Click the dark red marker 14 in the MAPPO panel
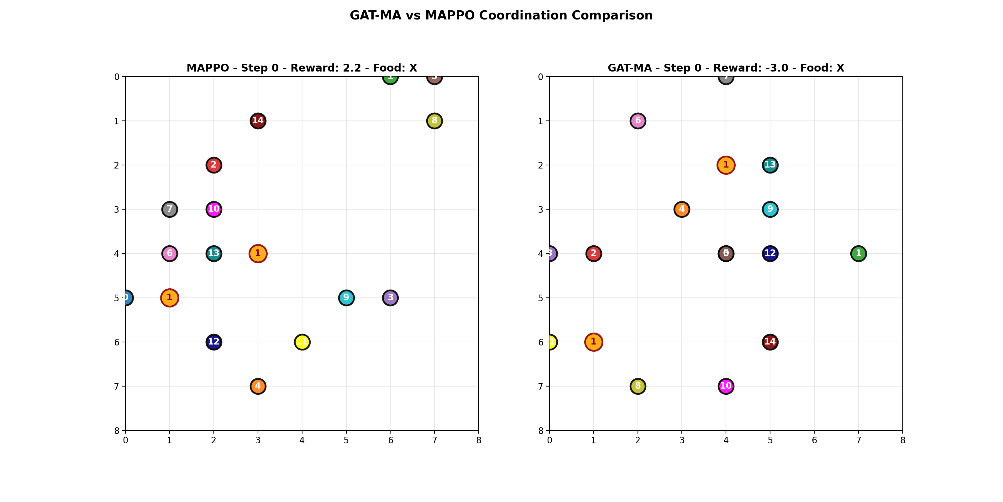point(258,121)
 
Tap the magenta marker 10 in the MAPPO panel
point(213,209)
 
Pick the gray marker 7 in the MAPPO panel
point(169,209)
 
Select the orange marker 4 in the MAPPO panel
point(258,386)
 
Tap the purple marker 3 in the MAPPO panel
point(390,298)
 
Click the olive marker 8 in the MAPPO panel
point(434,121)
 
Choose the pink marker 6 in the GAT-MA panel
point(638,121)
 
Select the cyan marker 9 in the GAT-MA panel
point(770,209)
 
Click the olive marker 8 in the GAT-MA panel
point(638,386)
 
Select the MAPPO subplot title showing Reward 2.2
point(302,68)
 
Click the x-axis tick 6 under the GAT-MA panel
point(814,441)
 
